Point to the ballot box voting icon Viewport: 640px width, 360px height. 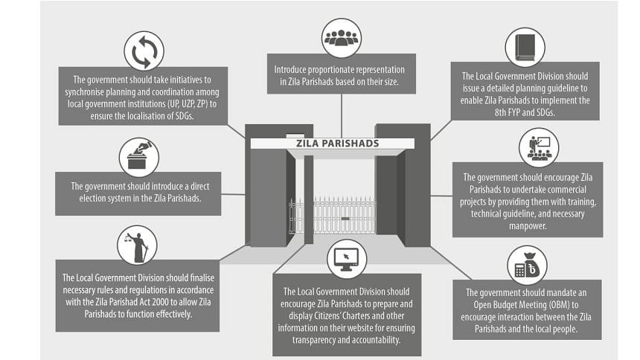click(138, 158)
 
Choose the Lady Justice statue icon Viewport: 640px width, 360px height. click(138, 245)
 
